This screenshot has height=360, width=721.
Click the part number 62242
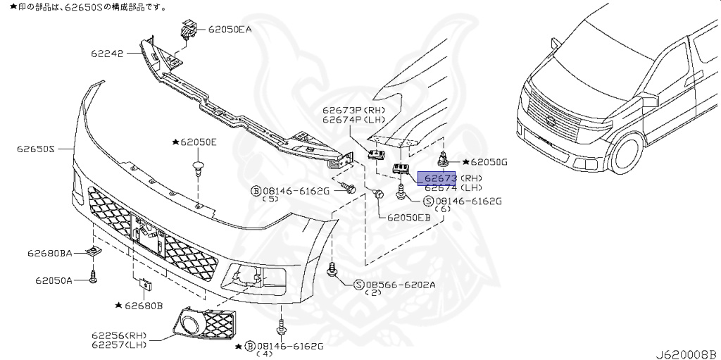(108, 53)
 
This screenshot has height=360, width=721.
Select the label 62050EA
(229, 30)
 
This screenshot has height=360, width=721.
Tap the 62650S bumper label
(36, 149)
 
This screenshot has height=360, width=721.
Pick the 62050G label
(485, 162)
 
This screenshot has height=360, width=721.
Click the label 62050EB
(408, 217)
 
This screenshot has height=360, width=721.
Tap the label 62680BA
(50, 252)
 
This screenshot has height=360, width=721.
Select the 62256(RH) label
(118, 335)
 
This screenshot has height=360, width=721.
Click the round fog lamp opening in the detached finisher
(190, 325)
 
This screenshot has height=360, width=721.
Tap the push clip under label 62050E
(198, 168)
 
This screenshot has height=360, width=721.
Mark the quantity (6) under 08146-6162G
(443, 209)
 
